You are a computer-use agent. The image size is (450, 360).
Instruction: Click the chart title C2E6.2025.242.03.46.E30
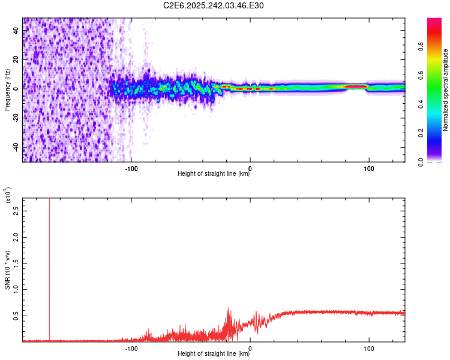(214, 5)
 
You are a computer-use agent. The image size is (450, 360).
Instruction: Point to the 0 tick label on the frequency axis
(16, 89)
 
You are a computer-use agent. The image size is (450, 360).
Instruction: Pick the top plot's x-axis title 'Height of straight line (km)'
(214, 174)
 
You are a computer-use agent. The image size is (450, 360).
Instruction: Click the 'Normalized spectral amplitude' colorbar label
(445, 90)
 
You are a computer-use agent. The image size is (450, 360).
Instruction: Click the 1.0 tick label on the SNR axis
(16, 290)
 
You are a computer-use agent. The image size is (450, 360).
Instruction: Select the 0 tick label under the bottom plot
(250, 348)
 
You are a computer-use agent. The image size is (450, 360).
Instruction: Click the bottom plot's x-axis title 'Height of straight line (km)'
(214, 354)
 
